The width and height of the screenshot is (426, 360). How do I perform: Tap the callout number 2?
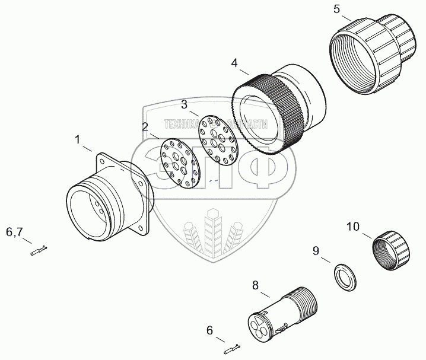(144, 126)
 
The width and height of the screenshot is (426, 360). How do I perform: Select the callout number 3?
(185, 104)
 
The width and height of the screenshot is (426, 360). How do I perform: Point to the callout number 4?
(235, 62)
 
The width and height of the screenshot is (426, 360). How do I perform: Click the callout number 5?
(336, 9)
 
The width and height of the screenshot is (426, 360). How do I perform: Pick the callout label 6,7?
(15, 231)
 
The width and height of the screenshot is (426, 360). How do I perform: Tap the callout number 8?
(256, 285)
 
